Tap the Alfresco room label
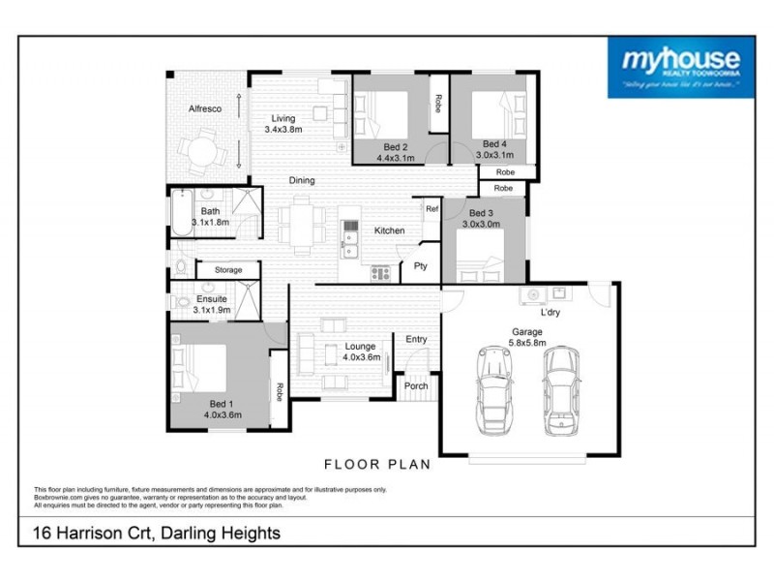coord(204,109)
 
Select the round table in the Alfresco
coord(204,152)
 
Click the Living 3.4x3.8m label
coord(283,123)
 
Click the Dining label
coord(301,180)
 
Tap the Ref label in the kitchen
coord(431,208)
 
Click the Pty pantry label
coord(421,264)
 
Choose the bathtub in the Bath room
coord(183,213)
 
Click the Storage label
coord(228,270)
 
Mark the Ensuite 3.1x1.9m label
coord(211,304)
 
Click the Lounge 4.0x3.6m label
coord(359,351)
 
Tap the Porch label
coord(416,386)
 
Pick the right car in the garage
coord(560,389)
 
